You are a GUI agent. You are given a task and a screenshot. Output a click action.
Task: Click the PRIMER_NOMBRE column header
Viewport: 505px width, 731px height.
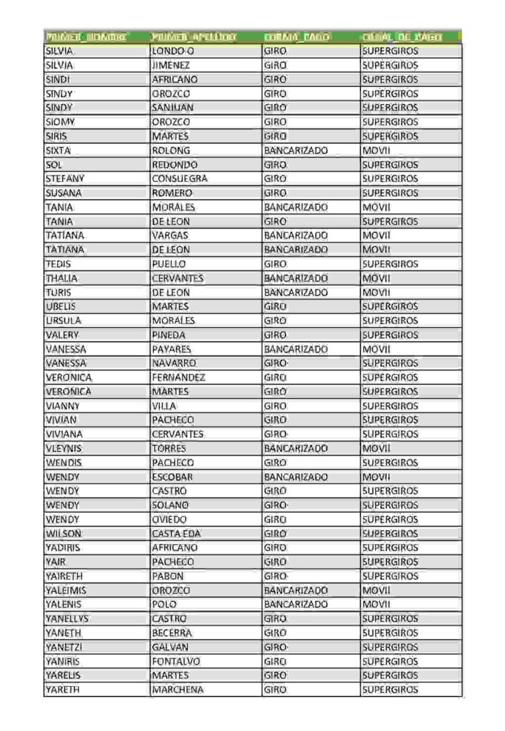pyautogui.click(x=86, y=36)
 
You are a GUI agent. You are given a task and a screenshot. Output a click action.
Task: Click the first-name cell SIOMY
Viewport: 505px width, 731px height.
pyautogui.click(x=61, y=122)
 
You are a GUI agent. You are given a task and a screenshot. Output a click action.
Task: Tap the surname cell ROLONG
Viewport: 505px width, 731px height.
pyautogui.click(x=171, y=151)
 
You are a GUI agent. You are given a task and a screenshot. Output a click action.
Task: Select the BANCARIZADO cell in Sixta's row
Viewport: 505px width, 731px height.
pyautogui.click(x=296, y=151)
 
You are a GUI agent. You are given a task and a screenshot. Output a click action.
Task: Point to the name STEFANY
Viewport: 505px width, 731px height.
pyautogui.click(x=65, y=178)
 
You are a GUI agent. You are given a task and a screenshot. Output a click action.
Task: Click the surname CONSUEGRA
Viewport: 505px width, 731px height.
pyautogui.click(x=179, y=178)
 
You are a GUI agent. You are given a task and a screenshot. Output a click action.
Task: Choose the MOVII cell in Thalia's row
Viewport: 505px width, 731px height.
pyautogui.click(x=376, y=278)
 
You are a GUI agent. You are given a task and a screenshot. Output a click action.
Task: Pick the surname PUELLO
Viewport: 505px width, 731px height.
pyautogui.click(x=169, y=263)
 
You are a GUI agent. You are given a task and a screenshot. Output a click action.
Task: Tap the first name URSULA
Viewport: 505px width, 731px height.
pyautogui.click(x=64, y=321)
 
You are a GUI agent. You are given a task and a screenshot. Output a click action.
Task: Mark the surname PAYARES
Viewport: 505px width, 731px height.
pyautogui.click(x=171, y=349)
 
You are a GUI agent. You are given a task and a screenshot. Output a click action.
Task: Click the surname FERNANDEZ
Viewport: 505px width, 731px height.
pyautogui.click(x=179, y=377)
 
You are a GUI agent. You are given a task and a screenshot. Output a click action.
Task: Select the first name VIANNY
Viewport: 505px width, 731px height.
pyautogui.click(x=62, y=405)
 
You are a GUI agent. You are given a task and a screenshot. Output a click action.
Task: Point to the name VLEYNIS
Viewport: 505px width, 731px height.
pyautogui.click(x=64, y=448)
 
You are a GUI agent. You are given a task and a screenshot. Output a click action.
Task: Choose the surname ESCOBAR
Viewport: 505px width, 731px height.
pyautogui.click(x=173, y=476)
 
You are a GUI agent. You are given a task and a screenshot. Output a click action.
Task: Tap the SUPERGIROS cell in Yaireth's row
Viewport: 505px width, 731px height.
pyautogui.click(x=390, y=576)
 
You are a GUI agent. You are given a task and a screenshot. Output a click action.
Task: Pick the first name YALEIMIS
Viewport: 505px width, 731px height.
pyautogui.click(x=66, y=590)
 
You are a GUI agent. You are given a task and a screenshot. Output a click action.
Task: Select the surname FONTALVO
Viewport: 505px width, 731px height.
pyautogui.click(x=176, y=661)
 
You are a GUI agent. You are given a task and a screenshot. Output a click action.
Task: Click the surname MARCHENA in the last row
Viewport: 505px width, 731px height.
pyautogui.click(x=178, y=690)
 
